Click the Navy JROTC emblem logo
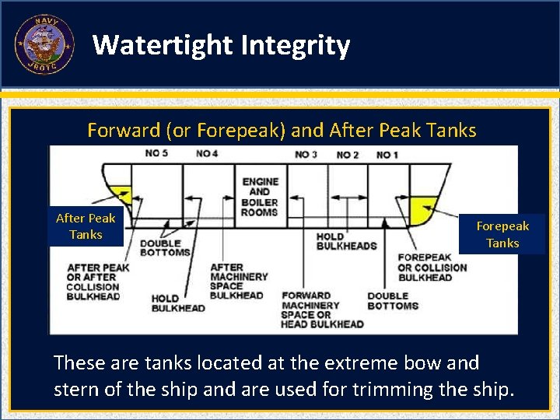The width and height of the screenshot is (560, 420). coord(44,44)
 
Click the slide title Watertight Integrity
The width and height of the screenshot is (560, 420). coord(221,46)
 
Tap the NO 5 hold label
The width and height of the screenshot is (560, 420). coord(156,154)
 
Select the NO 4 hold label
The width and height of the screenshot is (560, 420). coord(207,154)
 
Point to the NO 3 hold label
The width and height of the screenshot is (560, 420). coord(306,155)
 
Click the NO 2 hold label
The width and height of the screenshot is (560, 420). coord(347,155)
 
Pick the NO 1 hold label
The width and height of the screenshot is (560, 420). coord(387,155)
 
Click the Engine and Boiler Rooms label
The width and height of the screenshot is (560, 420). coord(260,197)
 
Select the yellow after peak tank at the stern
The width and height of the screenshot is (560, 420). coord(121,194)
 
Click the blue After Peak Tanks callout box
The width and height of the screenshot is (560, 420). coord(86,226)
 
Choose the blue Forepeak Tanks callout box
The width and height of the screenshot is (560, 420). coord(502,234)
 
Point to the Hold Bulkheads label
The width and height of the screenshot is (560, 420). coord(346,241)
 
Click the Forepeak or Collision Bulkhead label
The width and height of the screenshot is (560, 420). coord(432,267)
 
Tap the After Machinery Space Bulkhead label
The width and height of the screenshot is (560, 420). coord(238,282)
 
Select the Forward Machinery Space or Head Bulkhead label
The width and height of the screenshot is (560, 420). coord(322,310)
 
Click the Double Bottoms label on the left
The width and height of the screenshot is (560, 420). coord(165,247)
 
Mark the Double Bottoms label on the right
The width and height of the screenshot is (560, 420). coord(393,301)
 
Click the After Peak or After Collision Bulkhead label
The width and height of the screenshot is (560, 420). coord(97,282)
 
